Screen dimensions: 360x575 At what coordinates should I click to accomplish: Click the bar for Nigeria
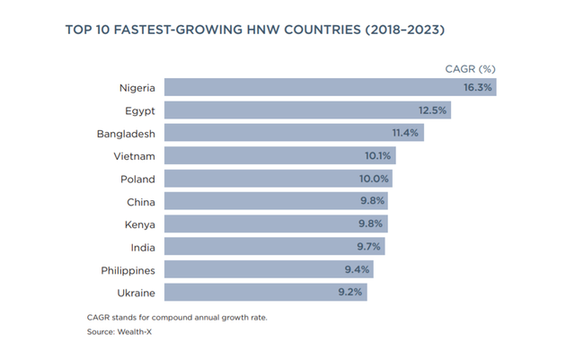point(329,87)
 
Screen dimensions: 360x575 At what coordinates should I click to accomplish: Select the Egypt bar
point(306,110)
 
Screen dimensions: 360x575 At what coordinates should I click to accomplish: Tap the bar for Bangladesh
point(293,133)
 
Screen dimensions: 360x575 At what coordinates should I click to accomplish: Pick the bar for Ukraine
point(265,293)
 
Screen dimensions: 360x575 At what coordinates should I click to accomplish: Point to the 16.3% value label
point(477,87)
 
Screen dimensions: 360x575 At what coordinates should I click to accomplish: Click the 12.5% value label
point(432,110)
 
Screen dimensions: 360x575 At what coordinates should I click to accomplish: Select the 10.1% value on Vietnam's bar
point(377,156)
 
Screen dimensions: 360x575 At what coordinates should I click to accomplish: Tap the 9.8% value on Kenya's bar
point(370,224)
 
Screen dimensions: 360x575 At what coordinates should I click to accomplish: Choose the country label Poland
point(137,179)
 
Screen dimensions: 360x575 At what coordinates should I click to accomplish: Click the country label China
point(141,202)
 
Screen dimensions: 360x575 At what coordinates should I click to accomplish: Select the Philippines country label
point(127,270)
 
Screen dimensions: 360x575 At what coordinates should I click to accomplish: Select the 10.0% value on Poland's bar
point(374,179)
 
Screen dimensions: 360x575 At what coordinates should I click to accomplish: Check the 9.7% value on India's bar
point(368,247)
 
